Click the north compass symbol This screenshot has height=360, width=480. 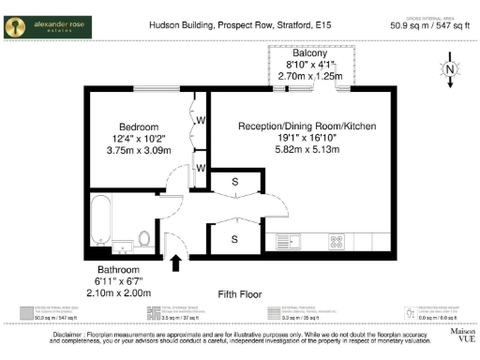[x=451, y=69]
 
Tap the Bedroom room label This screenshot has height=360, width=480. [x=138, y=127]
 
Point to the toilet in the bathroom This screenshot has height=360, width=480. [x=143, y=237]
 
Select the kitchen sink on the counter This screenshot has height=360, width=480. [x=285, y=242]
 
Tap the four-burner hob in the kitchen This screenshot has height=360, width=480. [x=335, y=242]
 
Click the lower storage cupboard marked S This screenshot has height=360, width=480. [x=234, y=239]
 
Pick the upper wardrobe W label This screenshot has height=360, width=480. [x=201, y=120]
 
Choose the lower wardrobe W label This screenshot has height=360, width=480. [x=201, y=169]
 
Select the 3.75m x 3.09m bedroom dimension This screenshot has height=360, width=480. [x=138, y=149]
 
